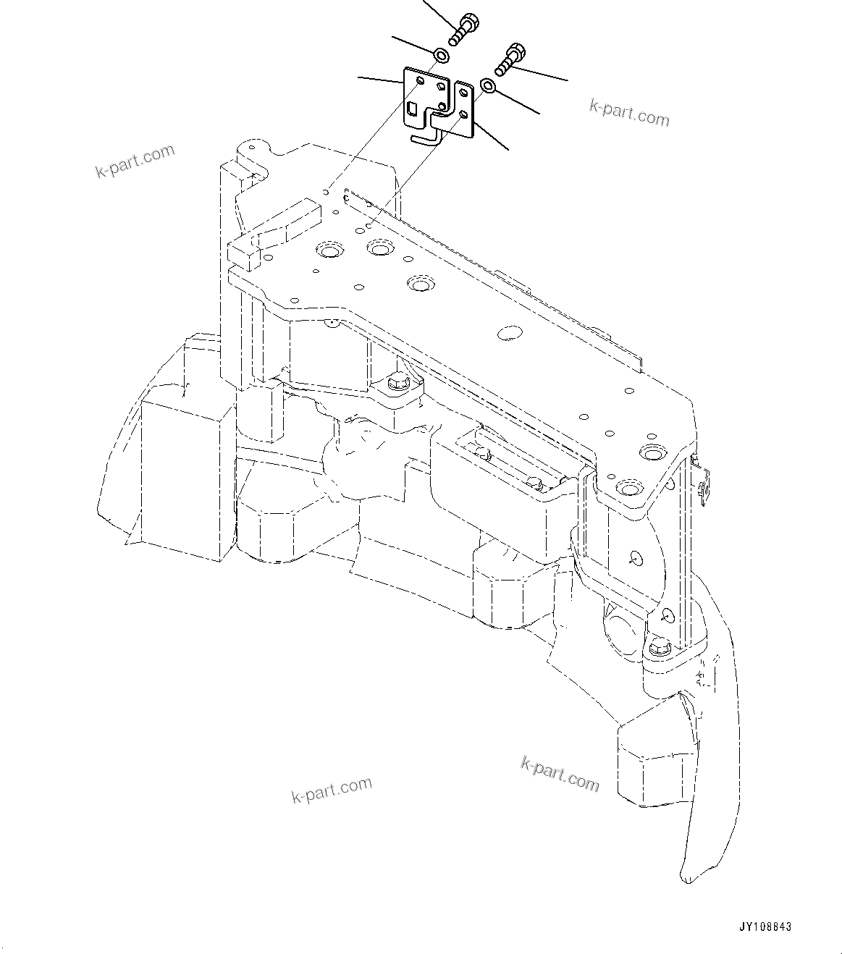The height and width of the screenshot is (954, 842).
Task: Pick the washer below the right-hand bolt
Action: coord(488,87)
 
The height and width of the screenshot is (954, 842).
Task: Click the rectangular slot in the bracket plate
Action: coord(412,109)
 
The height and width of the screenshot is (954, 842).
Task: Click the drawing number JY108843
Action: coord(765,926)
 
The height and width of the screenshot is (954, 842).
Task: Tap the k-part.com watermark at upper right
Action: coord(629,112)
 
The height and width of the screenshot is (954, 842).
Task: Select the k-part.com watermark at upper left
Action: coord(135,161)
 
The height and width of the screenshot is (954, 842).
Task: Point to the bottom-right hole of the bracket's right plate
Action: coord(463,114)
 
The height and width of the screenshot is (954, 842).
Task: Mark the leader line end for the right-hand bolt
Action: coord(567,80)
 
